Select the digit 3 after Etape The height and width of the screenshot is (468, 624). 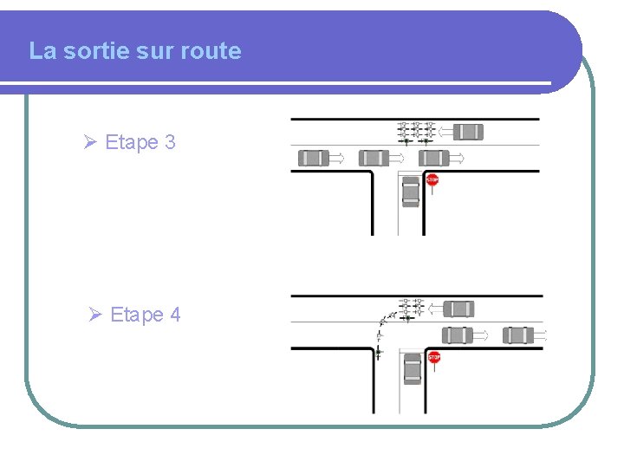coord(169,142)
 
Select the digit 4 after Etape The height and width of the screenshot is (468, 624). coord(175,315)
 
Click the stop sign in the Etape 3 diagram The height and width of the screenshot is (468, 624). coord(432,180)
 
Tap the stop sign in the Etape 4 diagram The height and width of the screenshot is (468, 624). coord(433,357)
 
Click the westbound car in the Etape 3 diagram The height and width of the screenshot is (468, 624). coord(468,132)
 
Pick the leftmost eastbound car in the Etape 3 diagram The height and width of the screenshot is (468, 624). coord(314,158)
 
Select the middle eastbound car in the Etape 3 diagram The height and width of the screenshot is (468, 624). coord(374,158)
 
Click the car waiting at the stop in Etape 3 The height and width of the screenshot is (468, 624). coord(411,192)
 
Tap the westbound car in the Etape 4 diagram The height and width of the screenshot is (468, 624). coord(458,309)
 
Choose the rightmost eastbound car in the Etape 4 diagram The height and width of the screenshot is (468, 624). coord(518,335)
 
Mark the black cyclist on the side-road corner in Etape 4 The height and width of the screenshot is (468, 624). coord(379,350)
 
